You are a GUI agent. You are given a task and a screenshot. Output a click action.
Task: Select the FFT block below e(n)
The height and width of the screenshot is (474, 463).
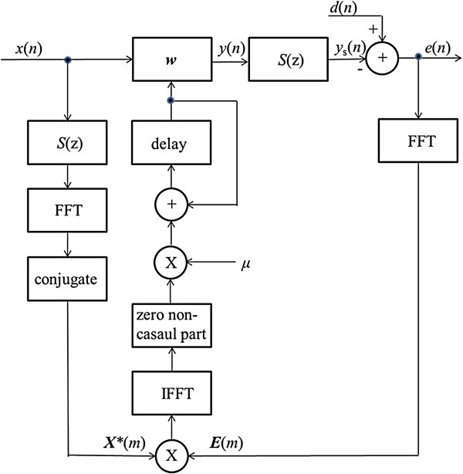point(418,144)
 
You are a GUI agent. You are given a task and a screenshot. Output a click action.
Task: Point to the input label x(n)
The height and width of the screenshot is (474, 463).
point(29,49)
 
